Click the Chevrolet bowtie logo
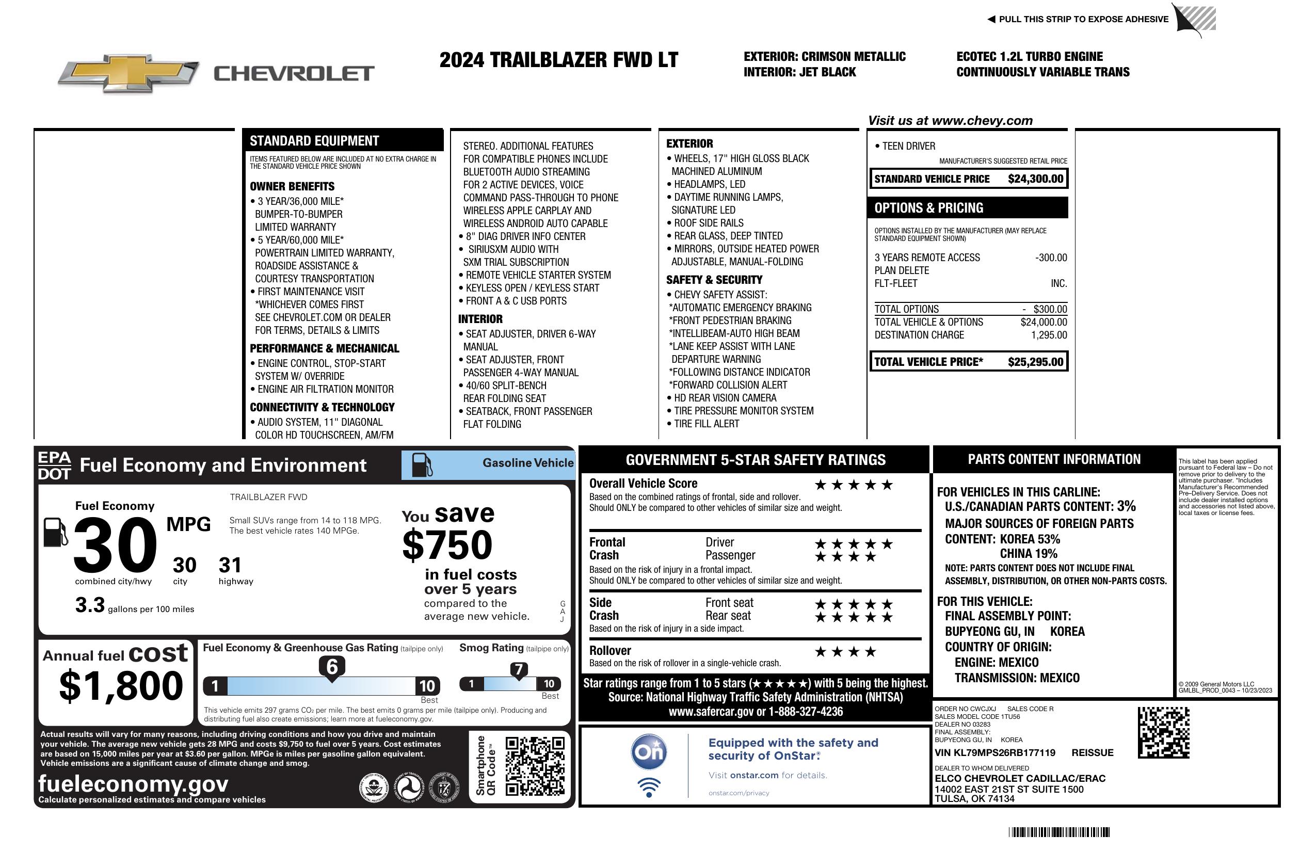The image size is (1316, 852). pyautogui.click(x=129, y=73)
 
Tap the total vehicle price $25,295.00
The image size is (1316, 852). pyautogui.click(x=1035, y=362)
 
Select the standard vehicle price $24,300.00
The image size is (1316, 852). pyautogui.click(x=1035, y=179)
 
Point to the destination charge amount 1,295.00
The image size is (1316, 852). pyautogui.click(x=1049, y=335)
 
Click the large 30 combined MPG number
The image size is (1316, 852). pyautogui.click(x=115, y=545)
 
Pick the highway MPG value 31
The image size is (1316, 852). pyautogui.click(x=230, y=565)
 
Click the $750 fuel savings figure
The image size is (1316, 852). pyautogui.click(x=447, y=545)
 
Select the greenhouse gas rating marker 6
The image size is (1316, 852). pyautogui.click(x=332, y=667)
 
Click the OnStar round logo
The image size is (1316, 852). pyautogui.click(x=649, y=752)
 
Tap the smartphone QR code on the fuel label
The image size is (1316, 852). pyautogui.click(x=535, y=766)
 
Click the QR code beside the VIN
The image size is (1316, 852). pyautogui.click(x=1163, y=732)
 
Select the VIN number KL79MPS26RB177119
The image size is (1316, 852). pyautogui.click(x=995, y=753)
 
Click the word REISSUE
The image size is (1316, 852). pyautogui.click(x=1092, y=753)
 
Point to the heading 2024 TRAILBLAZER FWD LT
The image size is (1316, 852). pyautogui.click(x=558, y=60)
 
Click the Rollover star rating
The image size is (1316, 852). pyautogui.click(x=845, y=652)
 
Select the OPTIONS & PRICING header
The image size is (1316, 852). pyautogui.click(x=929, y=208)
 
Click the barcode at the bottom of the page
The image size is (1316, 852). pyautogui.click(x=1059, y=832)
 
